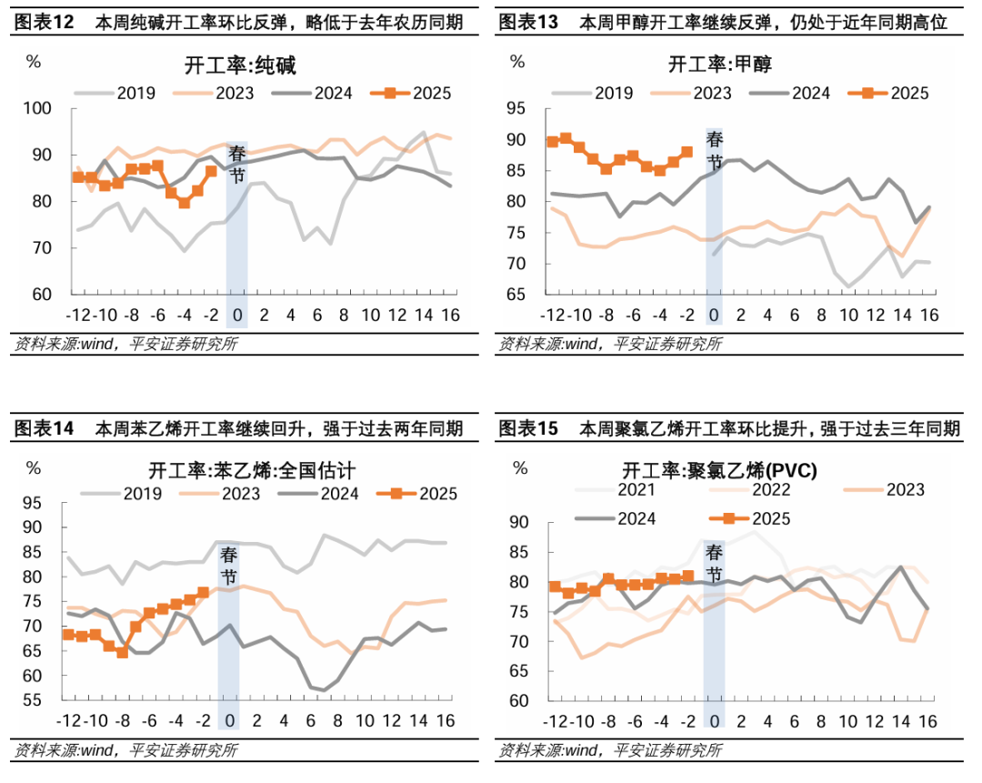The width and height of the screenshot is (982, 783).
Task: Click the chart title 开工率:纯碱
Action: click(x=241, y=65)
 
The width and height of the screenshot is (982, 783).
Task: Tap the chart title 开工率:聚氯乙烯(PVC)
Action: click(x=719, y=470)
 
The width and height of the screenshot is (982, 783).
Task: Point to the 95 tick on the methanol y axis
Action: click(x=516, y=109)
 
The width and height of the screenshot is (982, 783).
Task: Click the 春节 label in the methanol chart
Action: click(x=715, y=151)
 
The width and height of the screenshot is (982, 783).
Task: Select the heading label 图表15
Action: click(x=528, y=428)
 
